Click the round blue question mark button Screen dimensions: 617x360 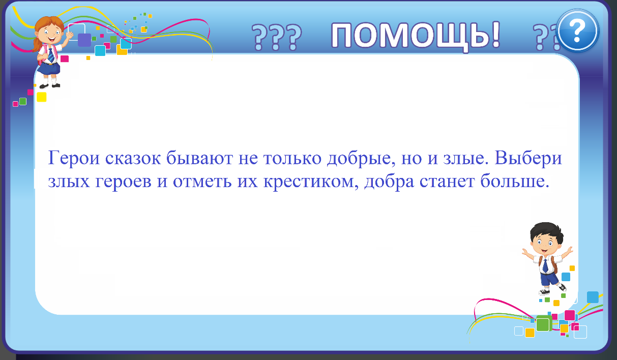(578, 31)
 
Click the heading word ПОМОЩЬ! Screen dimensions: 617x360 (416, 36)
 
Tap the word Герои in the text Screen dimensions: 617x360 (74, 158)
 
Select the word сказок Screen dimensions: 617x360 (133, 158)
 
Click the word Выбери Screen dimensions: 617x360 (528, 158)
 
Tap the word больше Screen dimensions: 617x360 (515, 181)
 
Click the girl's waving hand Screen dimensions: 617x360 (69, 36)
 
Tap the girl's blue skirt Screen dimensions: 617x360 (49, 69)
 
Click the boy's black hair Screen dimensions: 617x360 (546, 231)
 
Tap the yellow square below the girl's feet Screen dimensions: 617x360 (42, 97)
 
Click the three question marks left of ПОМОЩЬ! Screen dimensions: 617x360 (277, 38)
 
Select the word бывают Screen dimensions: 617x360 (200, 158)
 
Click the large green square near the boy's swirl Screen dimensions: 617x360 (543, 324)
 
